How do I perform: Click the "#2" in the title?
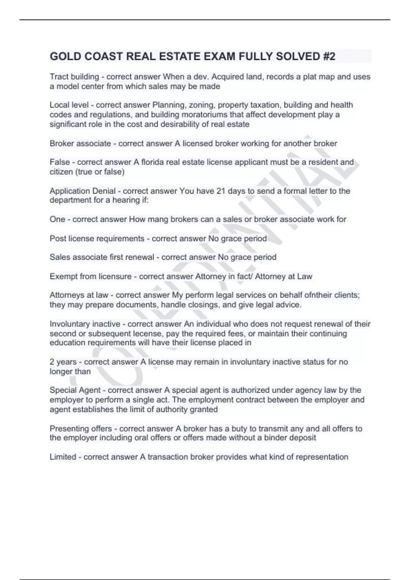click(x=328, y=56)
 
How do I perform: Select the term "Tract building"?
click(x=74, y=77)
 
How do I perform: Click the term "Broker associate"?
click(x=80, y=144)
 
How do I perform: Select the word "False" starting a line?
click(x=60, y=162)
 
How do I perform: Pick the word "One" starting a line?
click(x=57, y=219)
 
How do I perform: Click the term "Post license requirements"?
click(x=97, y=238)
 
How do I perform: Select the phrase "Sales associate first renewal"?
click(x=102, y=257)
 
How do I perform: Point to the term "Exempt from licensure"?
click(x=91, y=276)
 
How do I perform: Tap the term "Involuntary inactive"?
click(x=85, y=324)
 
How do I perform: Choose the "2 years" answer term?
click(x=63, y=362)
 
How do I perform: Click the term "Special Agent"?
click(x=75, y=390)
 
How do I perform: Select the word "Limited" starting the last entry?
click(x=63, y=457)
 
